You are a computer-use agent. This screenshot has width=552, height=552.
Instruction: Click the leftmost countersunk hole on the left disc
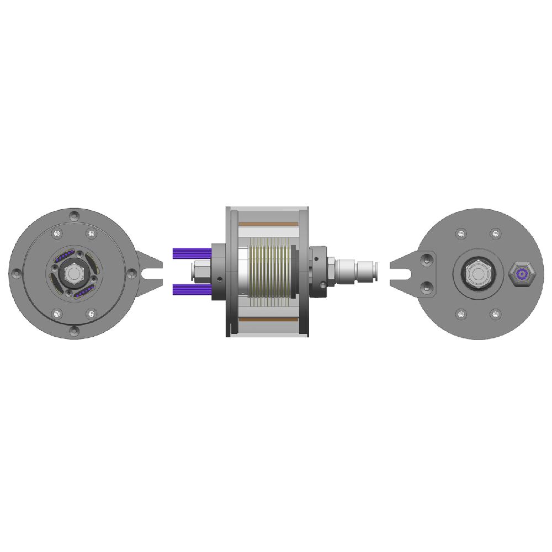pos(16,273)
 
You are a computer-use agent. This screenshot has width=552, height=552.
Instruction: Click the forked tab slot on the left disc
pos(152,273)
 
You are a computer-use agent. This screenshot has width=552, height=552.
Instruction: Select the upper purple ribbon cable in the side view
pos(192,254)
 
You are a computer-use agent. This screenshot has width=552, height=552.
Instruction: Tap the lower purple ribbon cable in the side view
pos(192,290)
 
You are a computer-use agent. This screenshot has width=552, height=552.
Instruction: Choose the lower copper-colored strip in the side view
pos(269,321)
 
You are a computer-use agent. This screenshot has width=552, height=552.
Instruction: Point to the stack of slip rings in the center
pos(269,273)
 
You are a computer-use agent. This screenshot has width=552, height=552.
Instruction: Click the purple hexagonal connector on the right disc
pos(522,274)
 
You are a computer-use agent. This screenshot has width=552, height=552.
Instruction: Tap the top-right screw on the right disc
pos(496,233)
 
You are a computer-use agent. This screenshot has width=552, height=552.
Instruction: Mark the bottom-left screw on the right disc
pos(461,314)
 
